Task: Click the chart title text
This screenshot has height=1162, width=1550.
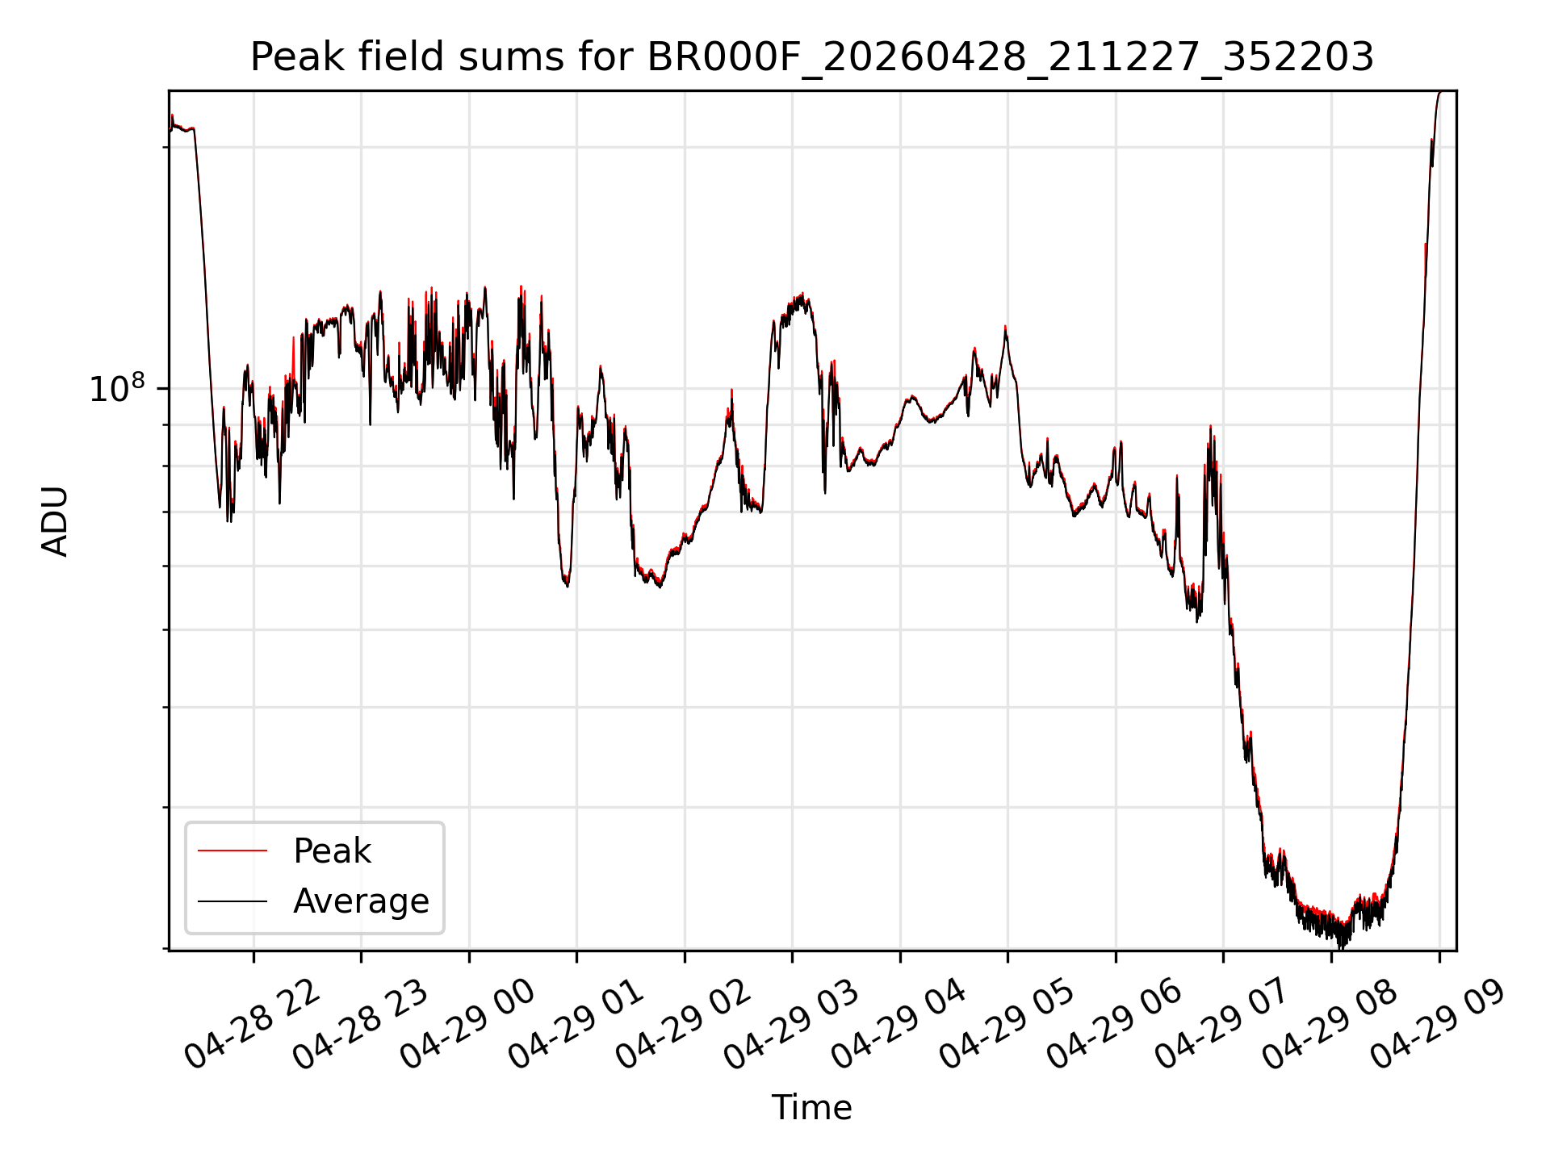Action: coord(812,57)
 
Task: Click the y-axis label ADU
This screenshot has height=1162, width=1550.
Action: coord(55,520)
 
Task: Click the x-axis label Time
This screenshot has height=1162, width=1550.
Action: coord(811,1108)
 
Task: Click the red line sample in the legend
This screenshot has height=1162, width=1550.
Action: coord(232,851)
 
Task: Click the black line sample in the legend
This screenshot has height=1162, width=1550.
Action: coord(232,901)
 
